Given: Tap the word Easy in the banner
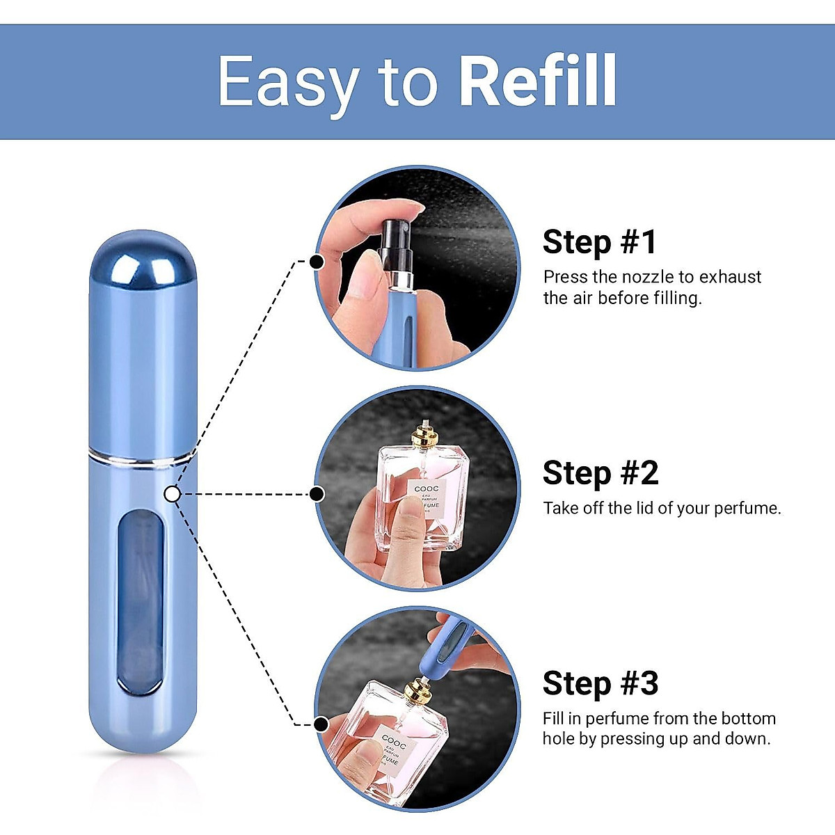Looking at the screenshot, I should (x=289, y=82).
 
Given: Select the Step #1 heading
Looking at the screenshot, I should (x=599, y=242).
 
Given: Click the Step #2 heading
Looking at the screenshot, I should (x=600, y=473).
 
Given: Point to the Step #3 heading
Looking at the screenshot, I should (x=600, y=683).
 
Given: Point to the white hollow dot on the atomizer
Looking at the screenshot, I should (x=173, y=494).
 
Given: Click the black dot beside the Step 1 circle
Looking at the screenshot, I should (x=316, y=262).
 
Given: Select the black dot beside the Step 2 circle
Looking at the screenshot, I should (x=317, y=494).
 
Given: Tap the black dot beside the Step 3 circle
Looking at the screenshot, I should (x=321, y=724).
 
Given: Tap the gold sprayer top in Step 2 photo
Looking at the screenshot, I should (x=424, y=438).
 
